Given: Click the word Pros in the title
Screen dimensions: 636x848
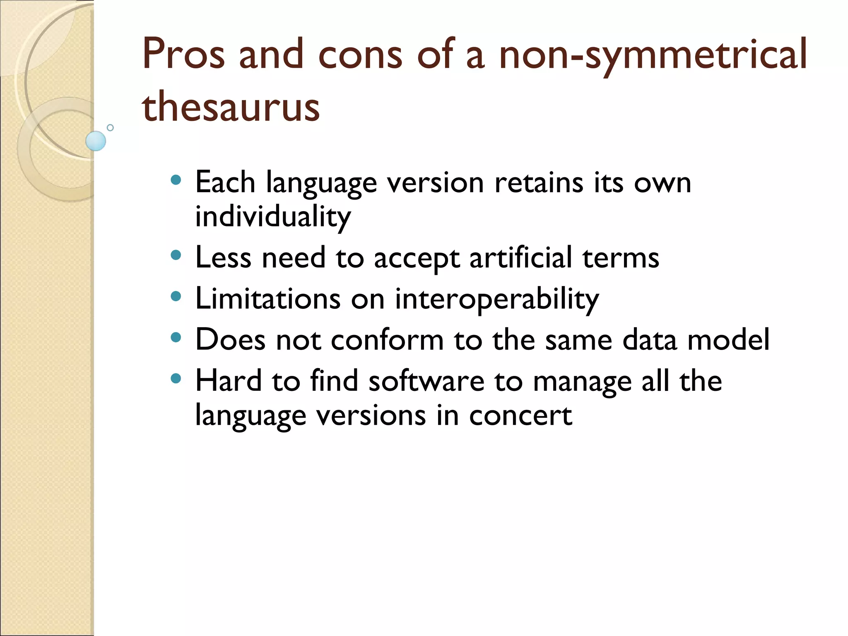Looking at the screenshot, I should (183, 54).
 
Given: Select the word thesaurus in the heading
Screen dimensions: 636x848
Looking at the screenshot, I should (231, 107).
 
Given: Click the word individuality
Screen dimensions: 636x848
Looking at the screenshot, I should (273, 217).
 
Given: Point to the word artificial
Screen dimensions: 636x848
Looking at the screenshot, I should (520, 258).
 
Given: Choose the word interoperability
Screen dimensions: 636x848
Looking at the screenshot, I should (496, 299).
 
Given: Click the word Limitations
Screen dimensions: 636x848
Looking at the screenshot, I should (268, 299).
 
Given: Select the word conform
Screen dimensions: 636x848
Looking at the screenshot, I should (387, 340).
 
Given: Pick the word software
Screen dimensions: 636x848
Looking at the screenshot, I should (426, 381).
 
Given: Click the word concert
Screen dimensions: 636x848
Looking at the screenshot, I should (520, 415).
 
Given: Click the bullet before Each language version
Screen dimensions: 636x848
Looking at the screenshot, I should (176, 180).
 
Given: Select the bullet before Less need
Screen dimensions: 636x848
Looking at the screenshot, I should (176, 255).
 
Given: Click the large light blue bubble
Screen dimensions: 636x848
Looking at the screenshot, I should (96, 141).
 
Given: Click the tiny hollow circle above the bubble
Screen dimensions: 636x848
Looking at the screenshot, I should (110, 128).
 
